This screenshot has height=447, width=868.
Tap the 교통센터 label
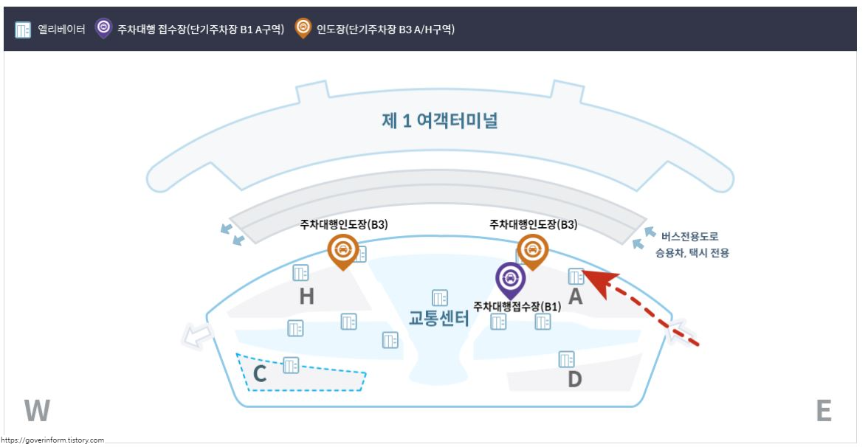(439, 318)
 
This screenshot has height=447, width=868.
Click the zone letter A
(575, 297)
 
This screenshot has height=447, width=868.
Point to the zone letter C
(259, 375)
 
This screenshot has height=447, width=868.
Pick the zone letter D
(574, 379)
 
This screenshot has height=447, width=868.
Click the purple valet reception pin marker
(509, 279)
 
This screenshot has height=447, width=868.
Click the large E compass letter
(824, 411)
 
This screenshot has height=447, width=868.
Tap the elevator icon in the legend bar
(22, 29)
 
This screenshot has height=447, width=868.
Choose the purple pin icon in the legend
(103, 28)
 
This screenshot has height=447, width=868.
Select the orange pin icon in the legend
(302, 28)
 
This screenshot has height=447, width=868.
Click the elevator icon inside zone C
(291, 364)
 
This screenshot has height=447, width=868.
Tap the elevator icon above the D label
(566, 359)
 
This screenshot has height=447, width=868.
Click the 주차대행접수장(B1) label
(517, 306)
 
